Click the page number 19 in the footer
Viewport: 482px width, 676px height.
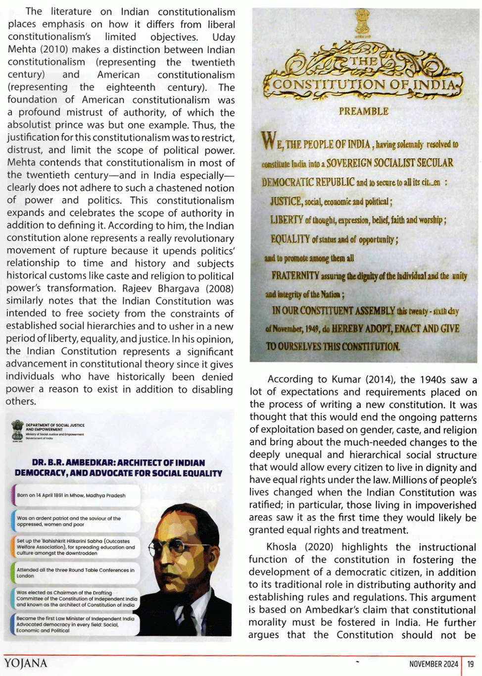(471, 664)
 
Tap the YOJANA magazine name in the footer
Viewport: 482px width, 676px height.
(26, 664)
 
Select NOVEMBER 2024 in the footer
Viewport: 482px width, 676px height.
(434, 664)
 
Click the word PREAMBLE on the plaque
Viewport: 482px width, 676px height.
(364, 111)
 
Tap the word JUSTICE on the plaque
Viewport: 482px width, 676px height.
(286, 201)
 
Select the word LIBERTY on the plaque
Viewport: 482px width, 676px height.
(287, 220)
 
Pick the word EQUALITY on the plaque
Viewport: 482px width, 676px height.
(290, 239)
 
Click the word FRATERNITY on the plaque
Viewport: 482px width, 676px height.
(295, 276)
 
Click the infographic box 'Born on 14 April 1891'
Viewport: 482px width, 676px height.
(74, 495)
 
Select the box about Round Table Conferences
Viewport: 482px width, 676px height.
(74, 573)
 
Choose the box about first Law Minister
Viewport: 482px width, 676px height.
(74, 624)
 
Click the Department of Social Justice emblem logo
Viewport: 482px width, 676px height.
(17, 430)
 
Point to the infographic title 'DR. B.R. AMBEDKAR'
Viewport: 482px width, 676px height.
(118, 468)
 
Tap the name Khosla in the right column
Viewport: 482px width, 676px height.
(282, 547)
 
